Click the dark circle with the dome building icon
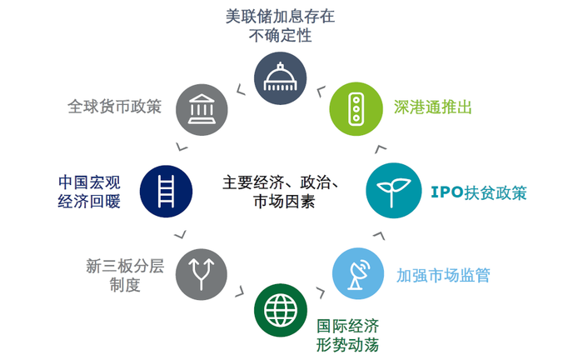pos(281,78)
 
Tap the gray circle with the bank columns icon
pos(202,110)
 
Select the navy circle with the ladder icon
pos(167,191)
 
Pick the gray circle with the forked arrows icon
pos(202,274)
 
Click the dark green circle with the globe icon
pos(281,310)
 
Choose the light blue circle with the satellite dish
pos(358,273)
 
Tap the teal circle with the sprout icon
pos(394,190)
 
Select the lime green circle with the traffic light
pos(356,109)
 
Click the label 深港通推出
pos(433,107)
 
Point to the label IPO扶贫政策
pos(479,192)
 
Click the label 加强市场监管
pos(443,276)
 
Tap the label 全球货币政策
pos(115,107)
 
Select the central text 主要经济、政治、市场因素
pos(282,192)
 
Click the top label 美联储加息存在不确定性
pos(281,26)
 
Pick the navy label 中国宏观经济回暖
pos(89,192)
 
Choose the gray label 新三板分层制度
pos(125,275)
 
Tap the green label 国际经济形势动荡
pos(347,336)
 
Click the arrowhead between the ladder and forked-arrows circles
pos(181,235)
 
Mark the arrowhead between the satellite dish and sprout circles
pos(379,236)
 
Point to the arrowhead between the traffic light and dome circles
pos(321,91)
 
